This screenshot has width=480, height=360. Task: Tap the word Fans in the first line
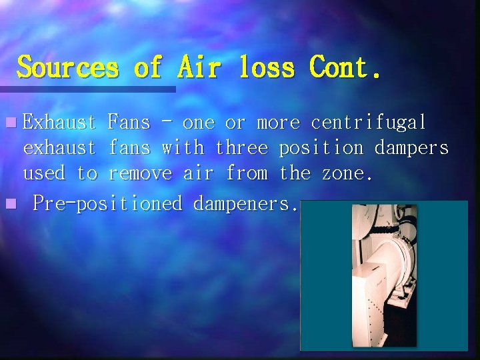tap(129, 123)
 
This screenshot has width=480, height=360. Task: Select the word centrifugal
tap(369, 123)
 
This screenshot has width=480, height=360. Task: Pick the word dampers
tap(411, 148)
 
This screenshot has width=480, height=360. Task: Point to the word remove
tap(140, 173)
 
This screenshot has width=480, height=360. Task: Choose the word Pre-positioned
tap(107, 203)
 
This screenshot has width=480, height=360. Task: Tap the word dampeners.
tap(245, 203)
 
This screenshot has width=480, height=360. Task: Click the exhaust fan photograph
tap(384, 275)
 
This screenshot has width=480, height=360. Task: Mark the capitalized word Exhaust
tap(60, 123)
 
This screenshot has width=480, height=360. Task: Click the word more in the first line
tap(279, 123)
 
